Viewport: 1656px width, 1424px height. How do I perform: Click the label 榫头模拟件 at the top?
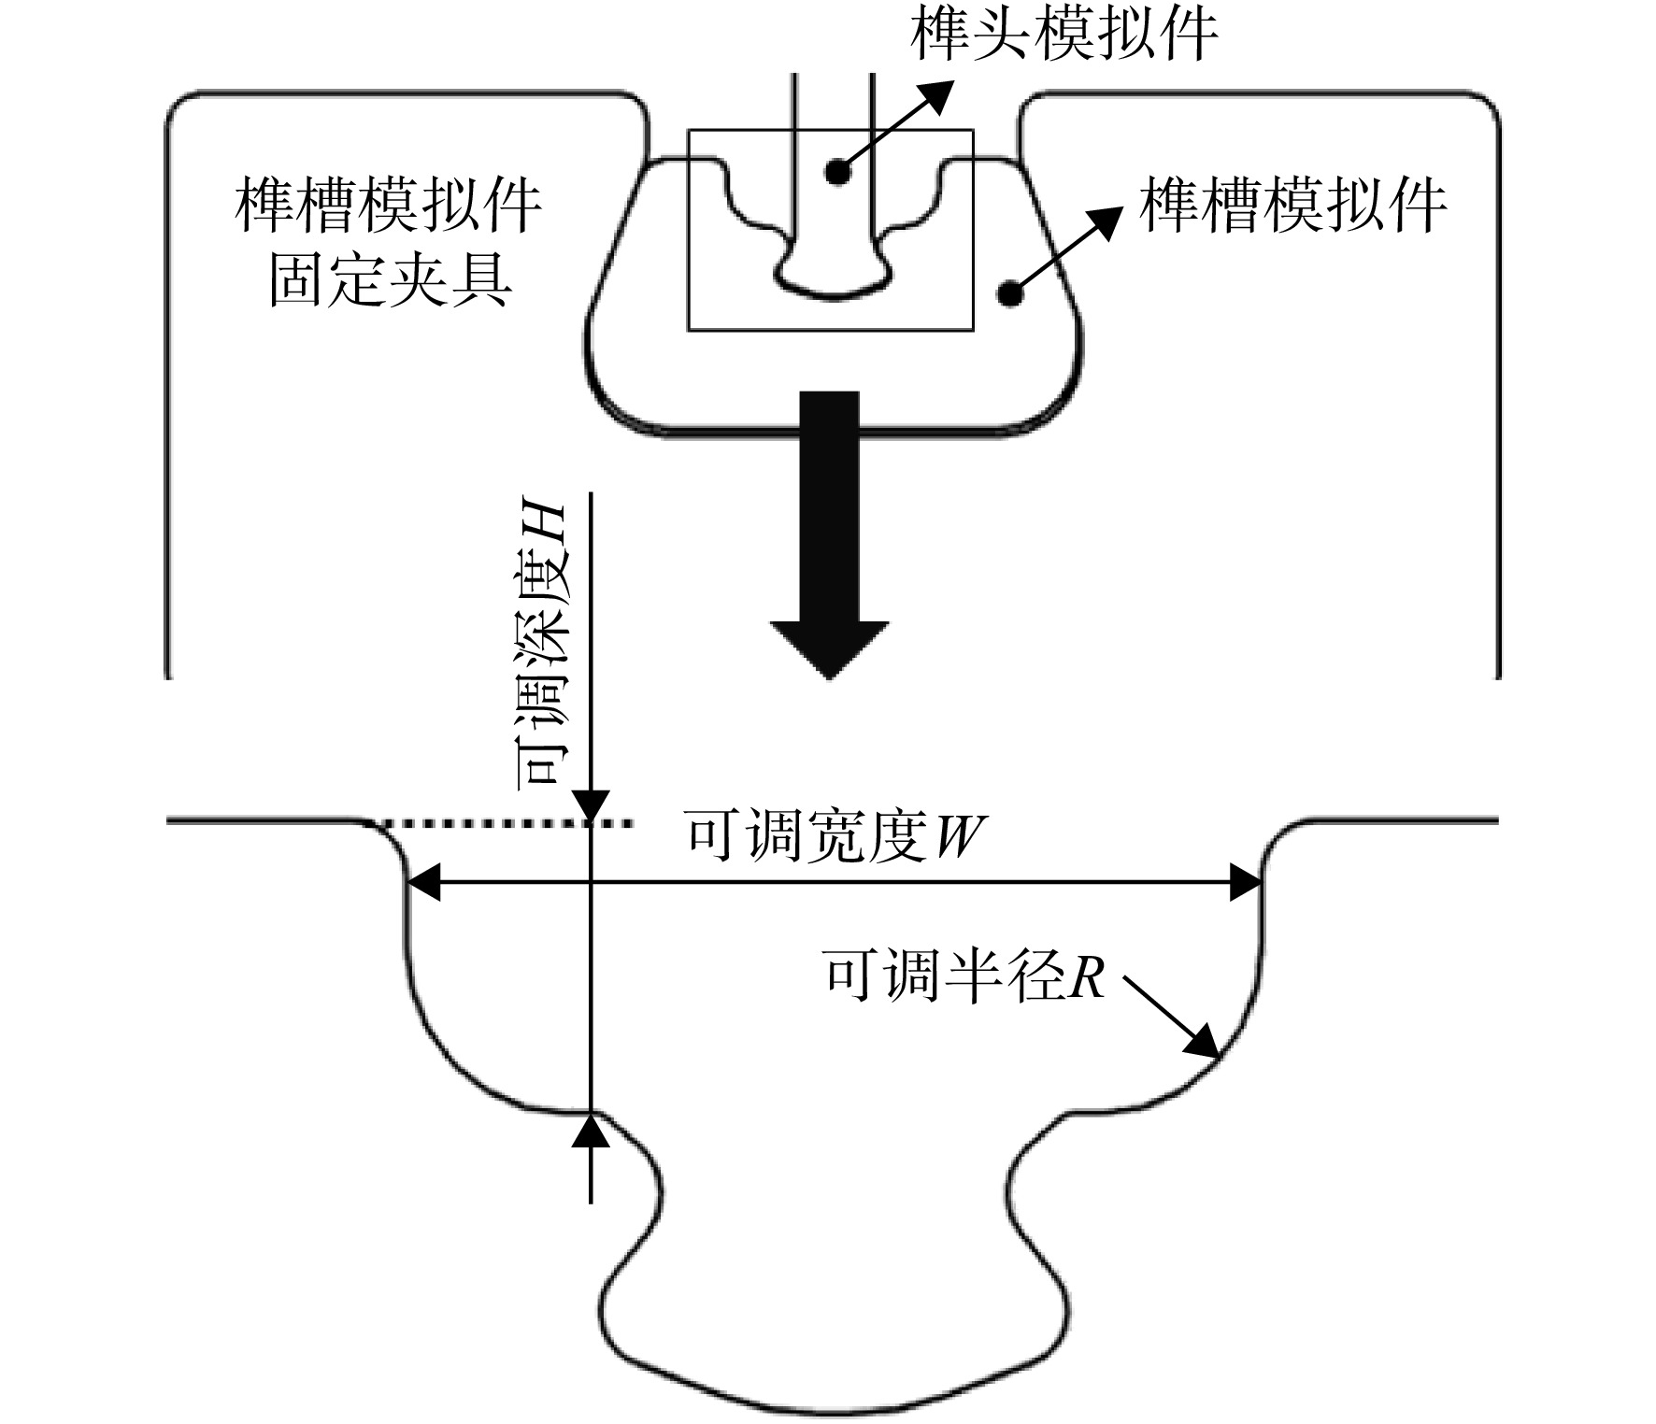pyautogui.click(x=1064, y=36)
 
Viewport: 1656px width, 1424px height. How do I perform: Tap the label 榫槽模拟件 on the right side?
pyautogui.click(x=1292, y=206)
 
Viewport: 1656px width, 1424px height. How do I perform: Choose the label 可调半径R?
pyautogui.click(x=963, y=976)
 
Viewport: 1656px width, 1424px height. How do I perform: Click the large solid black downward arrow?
pyautogui.click(x=830, y=534)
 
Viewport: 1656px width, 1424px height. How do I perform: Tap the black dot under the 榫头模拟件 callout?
pyautogui.click(x=836, y=172)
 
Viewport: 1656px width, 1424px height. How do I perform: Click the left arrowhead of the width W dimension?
pyautogui.click(x=425, y=882)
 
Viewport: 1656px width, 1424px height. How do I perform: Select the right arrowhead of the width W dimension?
pyautogui.click(x=1245, y=882)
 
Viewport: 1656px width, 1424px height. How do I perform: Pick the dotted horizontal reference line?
pyautogui.click(x=505, y=823)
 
